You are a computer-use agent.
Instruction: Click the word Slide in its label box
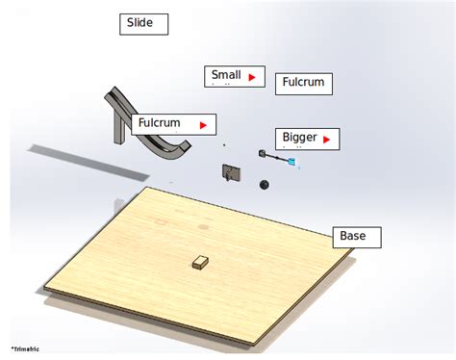click(140, 23)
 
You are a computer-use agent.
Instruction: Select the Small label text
click(226, 75)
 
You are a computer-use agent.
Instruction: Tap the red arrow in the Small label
click(252, 76)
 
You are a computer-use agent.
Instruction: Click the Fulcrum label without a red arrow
click(303, 84)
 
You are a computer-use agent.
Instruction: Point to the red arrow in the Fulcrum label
click(203, 124)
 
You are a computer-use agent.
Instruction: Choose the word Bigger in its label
click(299, 139)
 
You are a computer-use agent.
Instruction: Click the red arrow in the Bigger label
click(327, 140)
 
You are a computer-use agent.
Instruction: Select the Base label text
click(352, 236)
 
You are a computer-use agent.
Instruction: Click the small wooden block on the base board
click(200, 262)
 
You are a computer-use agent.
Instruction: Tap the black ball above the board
click(264, 184)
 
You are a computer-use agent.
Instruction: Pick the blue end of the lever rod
click(291, 163)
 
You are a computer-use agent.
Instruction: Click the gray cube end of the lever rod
click(262, 152)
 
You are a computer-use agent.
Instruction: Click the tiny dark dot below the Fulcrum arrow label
click(224, 145)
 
